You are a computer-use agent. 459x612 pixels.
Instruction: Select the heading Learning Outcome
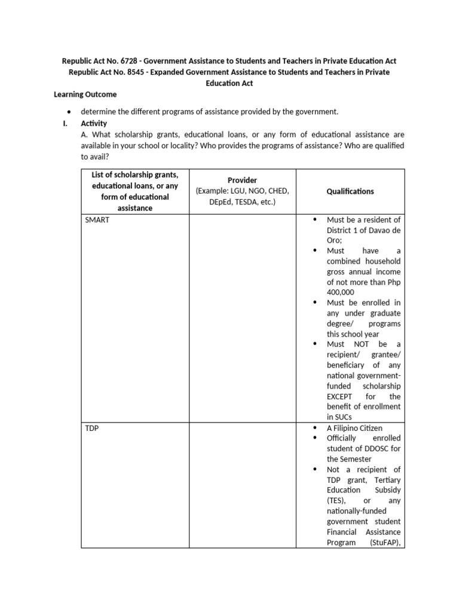pos(85,94)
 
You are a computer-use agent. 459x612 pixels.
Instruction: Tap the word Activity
pos(94,123)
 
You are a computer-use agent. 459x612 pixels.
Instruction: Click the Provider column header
pos(243,180)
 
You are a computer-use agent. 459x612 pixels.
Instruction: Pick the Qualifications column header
pos(350,191)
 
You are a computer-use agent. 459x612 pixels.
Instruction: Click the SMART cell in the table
pos(97,220)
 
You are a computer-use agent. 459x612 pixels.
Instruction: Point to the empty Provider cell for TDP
pos(243,485)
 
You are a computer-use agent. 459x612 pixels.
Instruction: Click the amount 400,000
pos(340,292)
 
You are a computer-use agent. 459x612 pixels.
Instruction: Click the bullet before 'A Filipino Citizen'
pos(315,428)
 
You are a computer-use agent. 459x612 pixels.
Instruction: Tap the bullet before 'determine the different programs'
pos(71,112)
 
